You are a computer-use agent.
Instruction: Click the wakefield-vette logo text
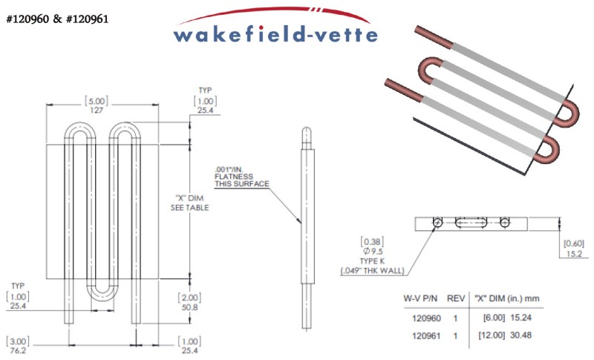click(x=275, y=33)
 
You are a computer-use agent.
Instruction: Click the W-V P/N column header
click(x=419, y=298)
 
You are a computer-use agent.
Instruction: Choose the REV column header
click(x=456, y=298)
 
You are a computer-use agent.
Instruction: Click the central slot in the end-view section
click(x=471, y=222)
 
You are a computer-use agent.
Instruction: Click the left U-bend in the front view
click(x=76, y=129)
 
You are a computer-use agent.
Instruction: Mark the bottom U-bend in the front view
click(x=103, y=295)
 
